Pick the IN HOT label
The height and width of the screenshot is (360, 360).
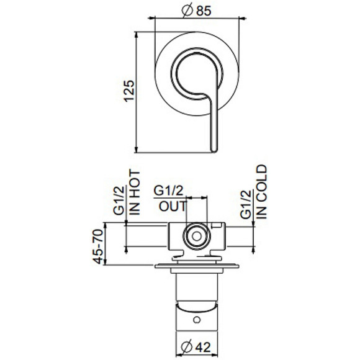click(135, 192)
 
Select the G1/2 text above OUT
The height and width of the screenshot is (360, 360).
click(169, 191)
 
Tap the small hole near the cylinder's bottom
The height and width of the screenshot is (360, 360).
click(197, 320)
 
